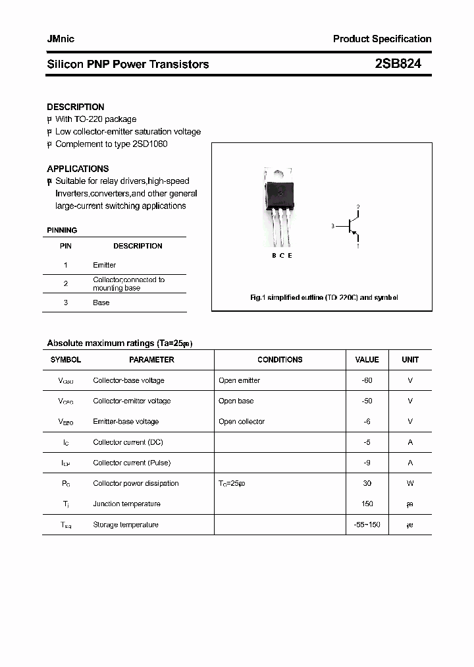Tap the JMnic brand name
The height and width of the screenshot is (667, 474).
tap(61, 39)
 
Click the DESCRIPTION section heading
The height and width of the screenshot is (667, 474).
tap(76, 107)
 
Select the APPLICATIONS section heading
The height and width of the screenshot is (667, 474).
tap(78, 169)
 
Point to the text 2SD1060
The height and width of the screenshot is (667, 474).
tap(151, 144)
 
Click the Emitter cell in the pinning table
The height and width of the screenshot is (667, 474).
tap(104, 265)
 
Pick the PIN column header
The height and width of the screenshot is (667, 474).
tap(66, 246)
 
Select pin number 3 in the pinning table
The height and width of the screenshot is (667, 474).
tap(66, 303)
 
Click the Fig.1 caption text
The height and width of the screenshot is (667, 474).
tap(324, 298)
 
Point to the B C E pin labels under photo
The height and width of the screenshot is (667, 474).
tap(281, 255)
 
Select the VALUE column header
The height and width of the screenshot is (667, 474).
tap(367, 360)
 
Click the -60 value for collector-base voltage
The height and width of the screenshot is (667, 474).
tap(367, 380)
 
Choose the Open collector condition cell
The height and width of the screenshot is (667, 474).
tap(242, 422)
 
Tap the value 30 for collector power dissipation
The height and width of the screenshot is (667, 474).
tap(367, 483)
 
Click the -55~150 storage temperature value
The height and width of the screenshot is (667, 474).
tap(367, 525)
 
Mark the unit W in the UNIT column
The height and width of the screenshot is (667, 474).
tap(410, 483)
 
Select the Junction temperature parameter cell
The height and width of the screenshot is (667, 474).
tap(126, 504)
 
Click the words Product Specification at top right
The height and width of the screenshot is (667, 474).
tap(382, 39)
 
